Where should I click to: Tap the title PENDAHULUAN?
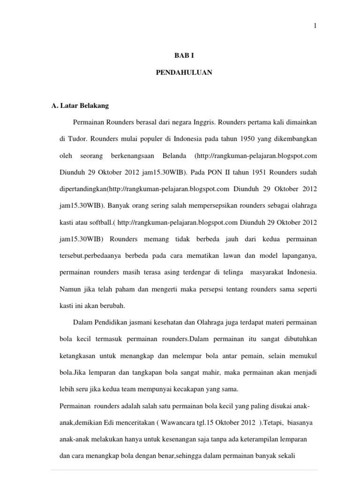coord(184,73)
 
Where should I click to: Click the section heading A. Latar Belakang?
coord(80,105)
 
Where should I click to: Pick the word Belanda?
coord(174,156)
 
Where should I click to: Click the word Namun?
coord(70,290)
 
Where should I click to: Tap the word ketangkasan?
coord(80,356)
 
